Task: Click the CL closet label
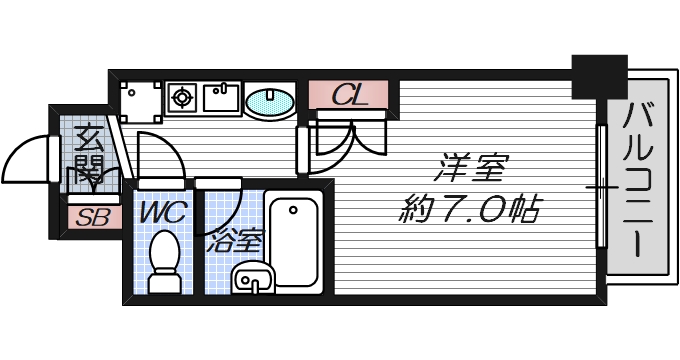point(349,95)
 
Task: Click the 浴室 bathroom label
point(236,241)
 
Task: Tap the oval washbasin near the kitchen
point(269,101)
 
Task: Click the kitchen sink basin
point(220,98)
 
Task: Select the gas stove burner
point(182,98)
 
